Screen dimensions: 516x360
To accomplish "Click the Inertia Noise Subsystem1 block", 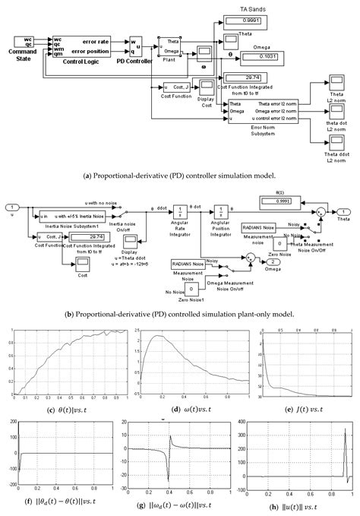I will pos(62,217).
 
